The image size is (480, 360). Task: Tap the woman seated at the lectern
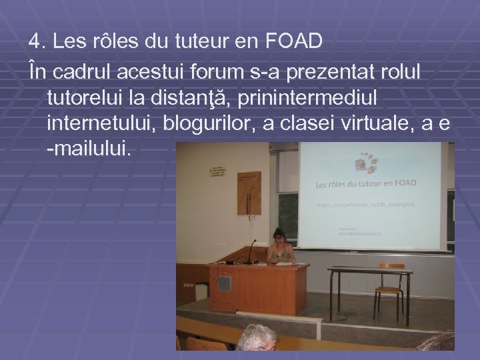click(x=279, y=248)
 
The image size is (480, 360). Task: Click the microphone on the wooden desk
click(x=252, y=250)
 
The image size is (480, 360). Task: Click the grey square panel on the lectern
click(x=225, y=282)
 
